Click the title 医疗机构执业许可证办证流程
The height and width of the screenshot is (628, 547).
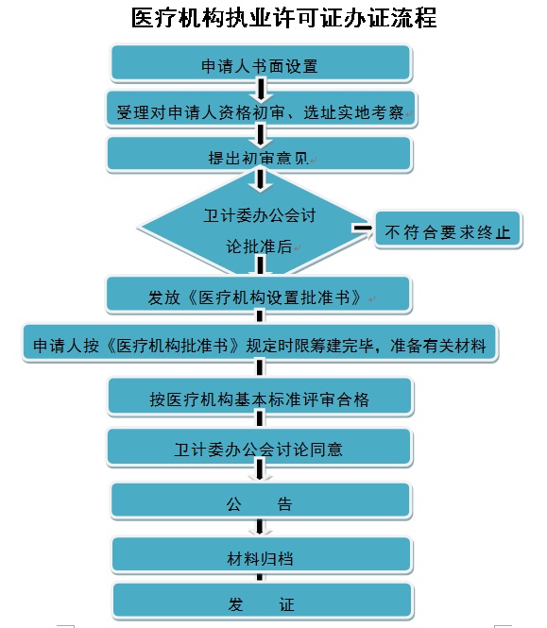coord(283,18)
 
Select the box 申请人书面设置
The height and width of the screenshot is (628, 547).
coord(262,63)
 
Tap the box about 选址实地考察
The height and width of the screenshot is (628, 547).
coord(262,110)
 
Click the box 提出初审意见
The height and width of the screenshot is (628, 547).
coord(259,155)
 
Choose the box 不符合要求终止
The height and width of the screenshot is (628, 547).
coord(448,229)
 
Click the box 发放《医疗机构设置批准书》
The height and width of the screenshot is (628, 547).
coord(259,295)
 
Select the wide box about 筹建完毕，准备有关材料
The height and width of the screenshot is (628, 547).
coord(260,344)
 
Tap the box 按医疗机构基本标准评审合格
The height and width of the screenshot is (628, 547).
coord(260,397)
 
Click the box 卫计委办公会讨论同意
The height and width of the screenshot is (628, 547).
coord(259,448)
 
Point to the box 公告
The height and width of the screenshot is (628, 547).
coord(262,501)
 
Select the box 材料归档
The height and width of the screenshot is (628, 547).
coord(262,556)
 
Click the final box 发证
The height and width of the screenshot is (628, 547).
coord(263,602)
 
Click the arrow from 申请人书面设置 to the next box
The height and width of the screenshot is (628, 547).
coord(261,90)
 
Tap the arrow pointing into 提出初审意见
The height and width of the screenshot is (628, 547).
coord(260,135)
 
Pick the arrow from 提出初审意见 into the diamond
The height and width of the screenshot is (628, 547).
coord(260,180)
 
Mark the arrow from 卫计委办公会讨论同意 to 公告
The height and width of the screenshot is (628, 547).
coord(260,469)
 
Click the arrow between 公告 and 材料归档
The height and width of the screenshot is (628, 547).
coord(260,527)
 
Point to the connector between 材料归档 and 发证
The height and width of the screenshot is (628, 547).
coord(260,577)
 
